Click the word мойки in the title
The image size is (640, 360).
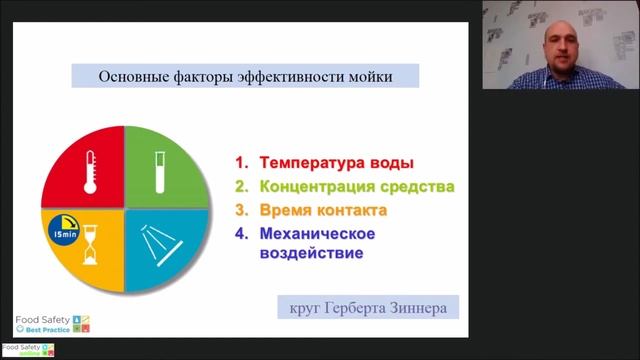pyautogui.click(x=369, y=77)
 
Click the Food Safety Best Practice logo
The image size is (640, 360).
pyautogui.click(x=50, y=324)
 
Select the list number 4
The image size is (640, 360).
pyautogui.click(x=242, y=235)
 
